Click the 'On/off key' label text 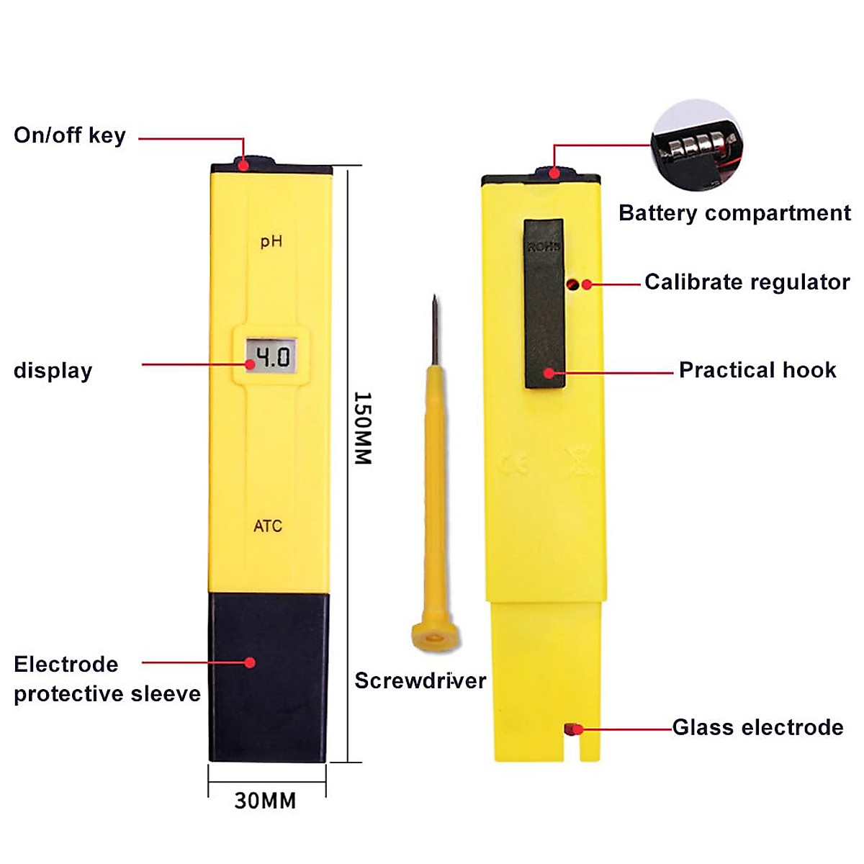(x=70, y=135)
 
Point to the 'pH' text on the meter (x=271, y=241)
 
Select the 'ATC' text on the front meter (x=268, y=526)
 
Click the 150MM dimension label (x=363, y=428)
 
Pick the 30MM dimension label (x=265, y=801)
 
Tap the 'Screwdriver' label (x=420, y=681)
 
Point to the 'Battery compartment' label (x=734, y=213)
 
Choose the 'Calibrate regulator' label (x=747, y=282)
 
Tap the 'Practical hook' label (x=757, y=370)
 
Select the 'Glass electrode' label (x=757, y=727)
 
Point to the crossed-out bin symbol (x=580, y=462)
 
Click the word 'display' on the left (x=53, y=371)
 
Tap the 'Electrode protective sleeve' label (x=107, y=679)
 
